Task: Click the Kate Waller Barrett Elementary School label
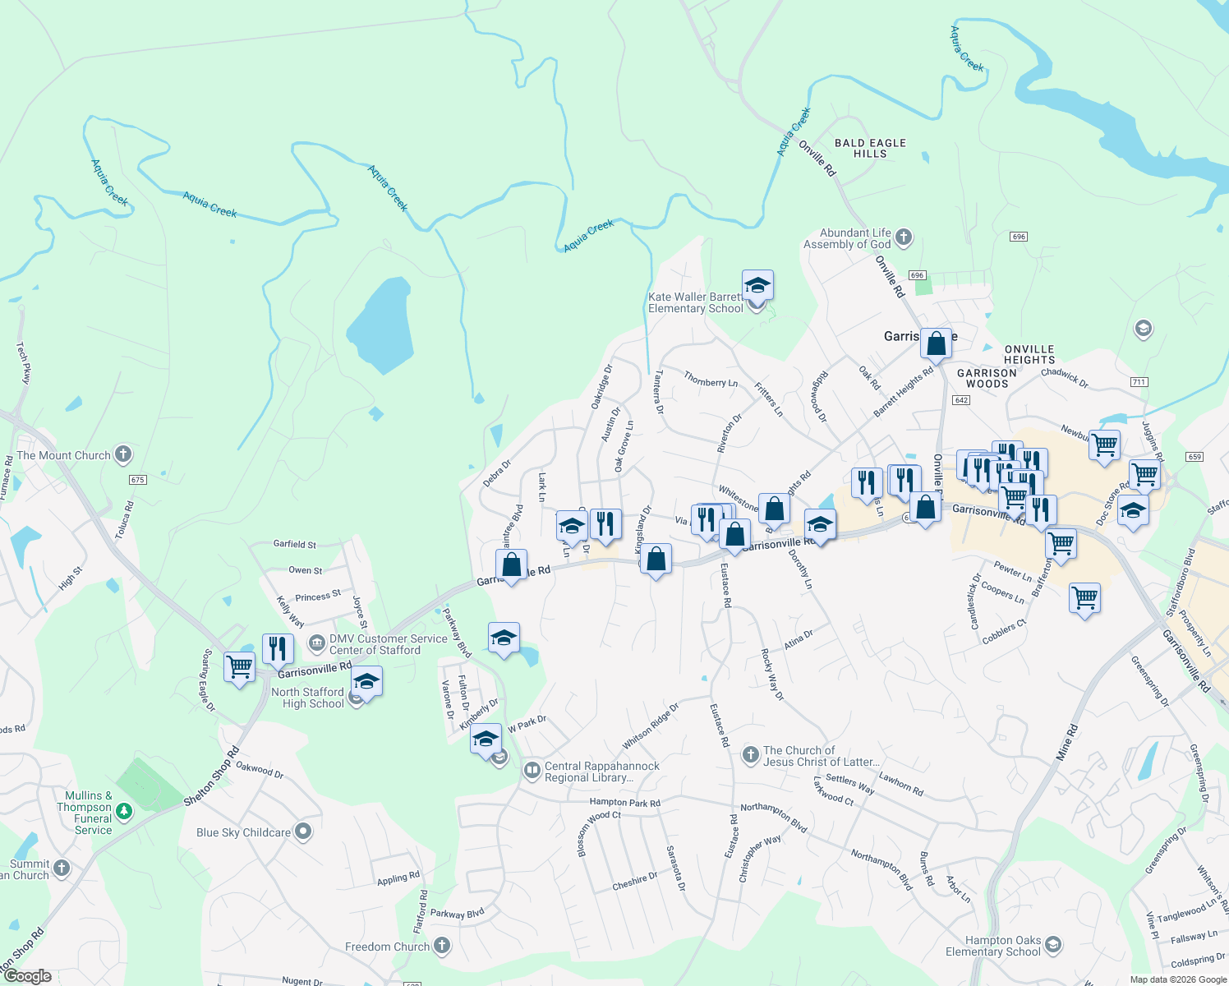coord(695,303)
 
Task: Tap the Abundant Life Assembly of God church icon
coord(904,238)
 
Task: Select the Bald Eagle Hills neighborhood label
coord(870,148)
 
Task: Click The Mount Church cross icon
coord(123,454)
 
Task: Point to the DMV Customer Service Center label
coord(388,644)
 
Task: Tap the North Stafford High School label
coord(308,698)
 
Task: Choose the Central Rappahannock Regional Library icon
coord(532,771)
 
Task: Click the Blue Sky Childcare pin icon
coord(303,832)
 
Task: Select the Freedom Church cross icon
coord(442,946)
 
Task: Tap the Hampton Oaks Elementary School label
coord(992,946)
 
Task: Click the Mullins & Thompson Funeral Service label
coord(89,813)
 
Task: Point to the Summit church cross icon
coord(62,868)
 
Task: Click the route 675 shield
coord(137,480)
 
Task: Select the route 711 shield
coord(1139,382)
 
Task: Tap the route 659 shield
coord(1194,457)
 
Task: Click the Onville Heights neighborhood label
coord(1029,354)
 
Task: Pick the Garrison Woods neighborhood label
coord(987,378)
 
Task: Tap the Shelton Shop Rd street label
coord(210,776)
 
